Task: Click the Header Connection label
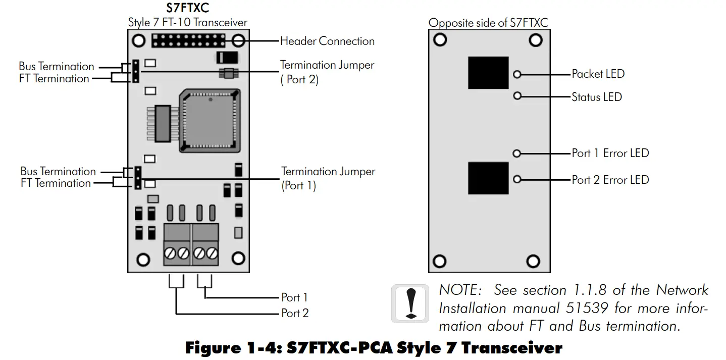coord(327,41)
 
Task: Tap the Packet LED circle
coord(517,74)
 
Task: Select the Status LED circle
coord(517,95)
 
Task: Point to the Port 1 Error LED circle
coord(516,153)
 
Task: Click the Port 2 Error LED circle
coord(516,179)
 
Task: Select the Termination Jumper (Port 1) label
coord(328,178)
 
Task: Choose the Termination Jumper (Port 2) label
coord(327,72)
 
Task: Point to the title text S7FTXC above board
coord(187,9)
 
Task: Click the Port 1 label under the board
coord(294,297)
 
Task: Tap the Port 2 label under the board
coord(295,313)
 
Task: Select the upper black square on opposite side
coord(488,73)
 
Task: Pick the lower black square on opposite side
coord(488,178)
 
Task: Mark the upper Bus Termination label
coord(57,67)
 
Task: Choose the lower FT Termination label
coord(56,183)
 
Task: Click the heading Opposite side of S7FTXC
coord(488,22)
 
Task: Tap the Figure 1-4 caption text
coord(373,348)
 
